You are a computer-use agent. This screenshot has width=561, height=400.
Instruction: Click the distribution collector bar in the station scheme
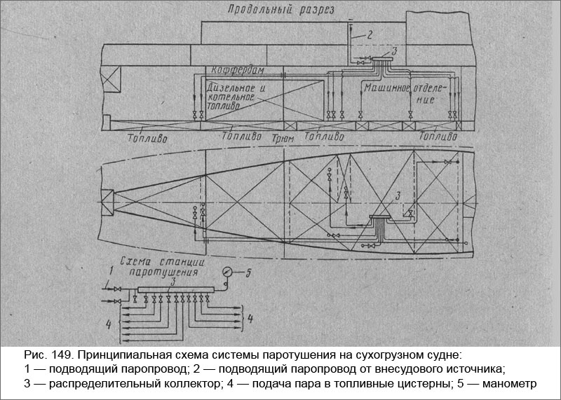coord(173,289)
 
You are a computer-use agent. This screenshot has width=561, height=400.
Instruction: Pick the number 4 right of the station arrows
coord(250,321)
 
